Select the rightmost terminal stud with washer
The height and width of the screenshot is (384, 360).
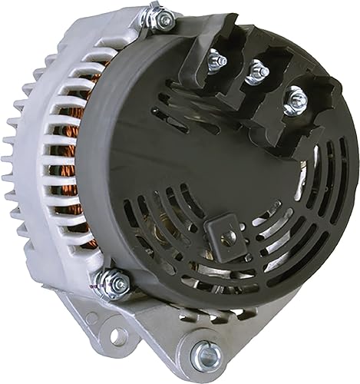(x=292, y=98)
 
